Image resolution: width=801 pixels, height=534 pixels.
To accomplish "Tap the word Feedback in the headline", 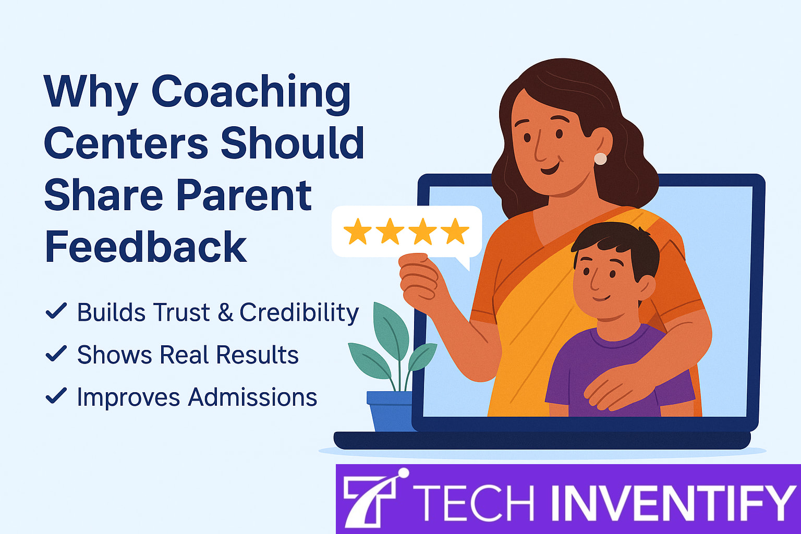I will [x=145, y=247].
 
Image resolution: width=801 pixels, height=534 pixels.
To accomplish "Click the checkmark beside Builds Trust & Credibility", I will [x=56, y=311].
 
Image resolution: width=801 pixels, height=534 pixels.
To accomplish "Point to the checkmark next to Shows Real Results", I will [x=56, y=354].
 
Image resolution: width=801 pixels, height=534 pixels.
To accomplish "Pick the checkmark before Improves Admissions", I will [x=56, y=396].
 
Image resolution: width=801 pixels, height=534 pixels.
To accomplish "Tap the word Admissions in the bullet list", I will [x=252, y=397].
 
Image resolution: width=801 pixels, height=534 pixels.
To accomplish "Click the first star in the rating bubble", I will [x=358, y=232].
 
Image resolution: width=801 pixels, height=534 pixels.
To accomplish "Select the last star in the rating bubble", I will [x=455, y=232].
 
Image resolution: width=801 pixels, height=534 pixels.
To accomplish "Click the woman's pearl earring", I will [x=600, y=159].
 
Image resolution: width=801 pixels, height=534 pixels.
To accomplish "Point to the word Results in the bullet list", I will [x=257, y=355].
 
